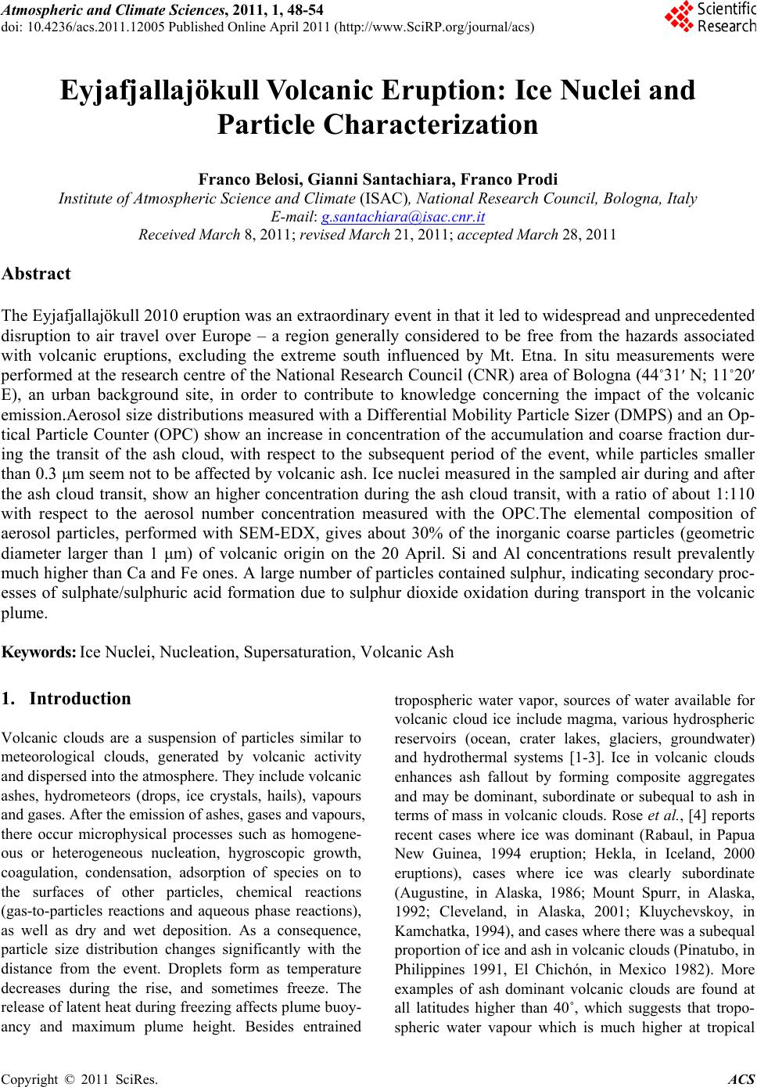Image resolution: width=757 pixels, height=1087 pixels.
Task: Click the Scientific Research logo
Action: tap(710, 16)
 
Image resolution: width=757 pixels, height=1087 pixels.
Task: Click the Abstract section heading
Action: tap(36, 274)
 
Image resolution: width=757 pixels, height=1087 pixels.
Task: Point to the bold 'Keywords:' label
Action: tap(39, 652)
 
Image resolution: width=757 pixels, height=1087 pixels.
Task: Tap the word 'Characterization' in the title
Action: tap(378, 124)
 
